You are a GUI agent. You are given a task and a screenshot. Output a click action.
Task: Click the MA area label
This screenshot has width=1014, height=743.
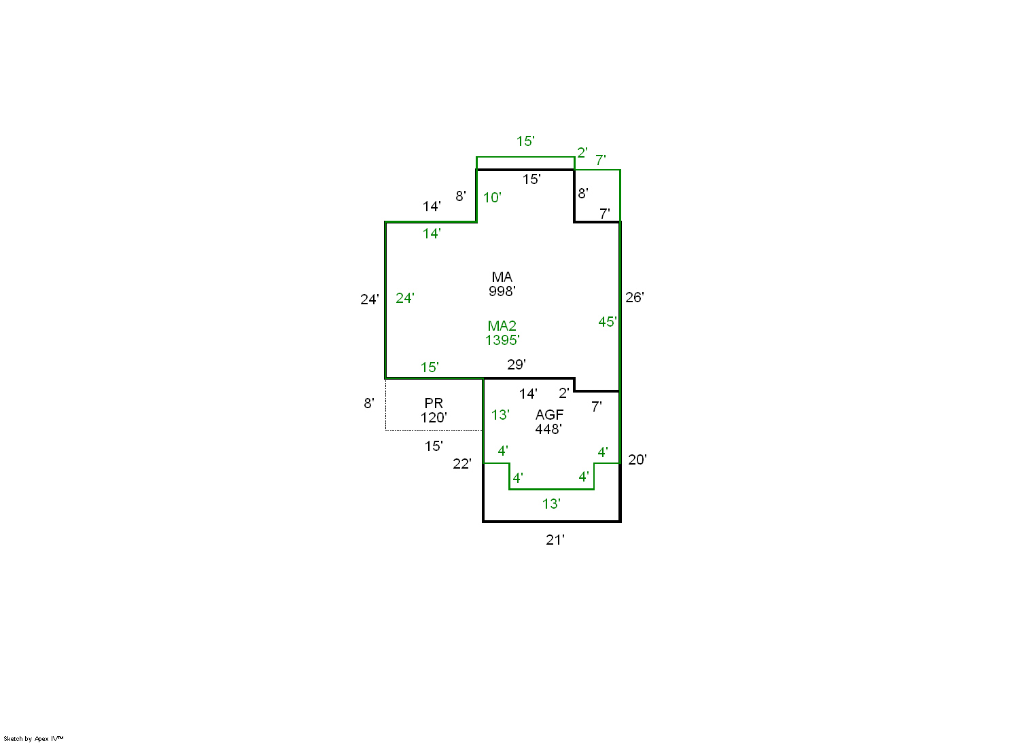pyautogui.click(x=502, y=277)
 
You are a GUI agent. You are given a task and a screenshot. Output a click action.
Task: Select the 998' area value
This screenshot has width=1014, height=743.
pyautogui.click(x=502, y=291)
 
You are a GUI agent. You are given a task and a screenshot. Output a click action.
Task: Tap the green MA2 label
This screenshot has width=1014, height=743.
pyautogui.click(x=502, y=326)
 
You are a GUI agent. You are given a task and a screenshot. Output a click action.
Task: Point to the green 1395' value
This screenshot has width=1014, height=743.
pyautogui.click(x=502, y=340)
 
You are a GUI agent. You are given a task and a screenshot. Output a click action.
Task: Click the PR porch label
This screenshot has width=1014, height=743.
pyautogui.click(x=434, y=403)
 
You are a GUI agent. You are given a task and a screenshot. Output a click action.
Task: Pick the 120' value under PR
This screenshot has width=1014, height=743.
pyautogui.click(x=434, y=418)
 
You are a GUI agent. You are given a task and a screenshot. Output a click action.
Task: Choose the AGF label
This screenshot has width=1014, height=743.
pyautogui.click(x=550, y=414)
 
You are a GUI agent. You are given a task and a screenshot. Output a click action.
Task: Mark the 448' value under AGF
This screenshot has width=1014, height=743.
pyautogui.click(x=548, y=429)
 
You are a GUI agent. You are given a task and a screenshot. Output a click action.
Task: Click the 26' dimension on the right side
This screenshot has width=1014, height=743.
pyautogui.click(x=635, y=297)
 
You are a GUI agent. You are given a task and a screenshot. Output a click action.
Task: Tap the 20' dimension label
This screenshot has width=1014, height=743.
pyautogui.click(x=637, y=460)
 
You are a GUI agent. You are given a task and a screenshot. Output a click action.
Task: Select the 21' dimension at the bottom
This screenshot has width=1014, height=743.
pyautogui.click(x=555, y=540)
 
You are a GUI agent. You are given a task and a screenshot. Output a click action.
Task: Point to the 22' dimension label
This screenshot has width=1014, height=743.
pyautogui.click(x=462, y=464)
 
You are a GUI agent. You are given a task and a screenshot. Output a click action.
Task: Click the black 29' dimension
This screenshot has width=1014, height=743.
pyautogui.click(x=517, y=365)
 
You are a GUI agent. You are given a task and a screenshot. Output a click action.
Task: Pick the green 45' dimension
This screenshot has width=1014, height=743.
pyautogui.click(x=608, y=322)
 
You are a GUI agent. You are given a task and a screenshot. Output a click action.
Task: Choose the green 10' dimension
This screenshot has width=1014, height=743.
pyautogui.click(x=492, y=197)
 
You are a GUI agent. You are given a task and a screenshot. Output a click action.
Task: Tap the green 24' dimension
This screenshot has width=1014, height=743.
pyautogui.click(x=405, y=298)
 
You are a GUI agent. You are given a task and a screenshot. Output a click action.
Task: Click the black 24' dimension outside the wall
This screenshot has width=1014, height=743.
pyautogui.click(x=370, y=300)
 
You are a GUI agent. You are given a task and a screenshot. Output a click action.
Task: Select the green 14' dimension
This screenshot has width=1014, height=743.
pyautogui.click(x=432, y=234)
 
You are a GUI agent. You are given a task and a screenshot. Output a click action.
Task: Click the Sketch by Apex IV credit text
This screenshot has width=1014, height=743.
pyautogui.click(x=33, y=739)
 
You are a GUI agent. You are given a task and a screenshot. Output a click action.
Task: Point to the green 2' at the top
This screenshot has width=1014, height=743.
pyautogui.click(x=582, y=153)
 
